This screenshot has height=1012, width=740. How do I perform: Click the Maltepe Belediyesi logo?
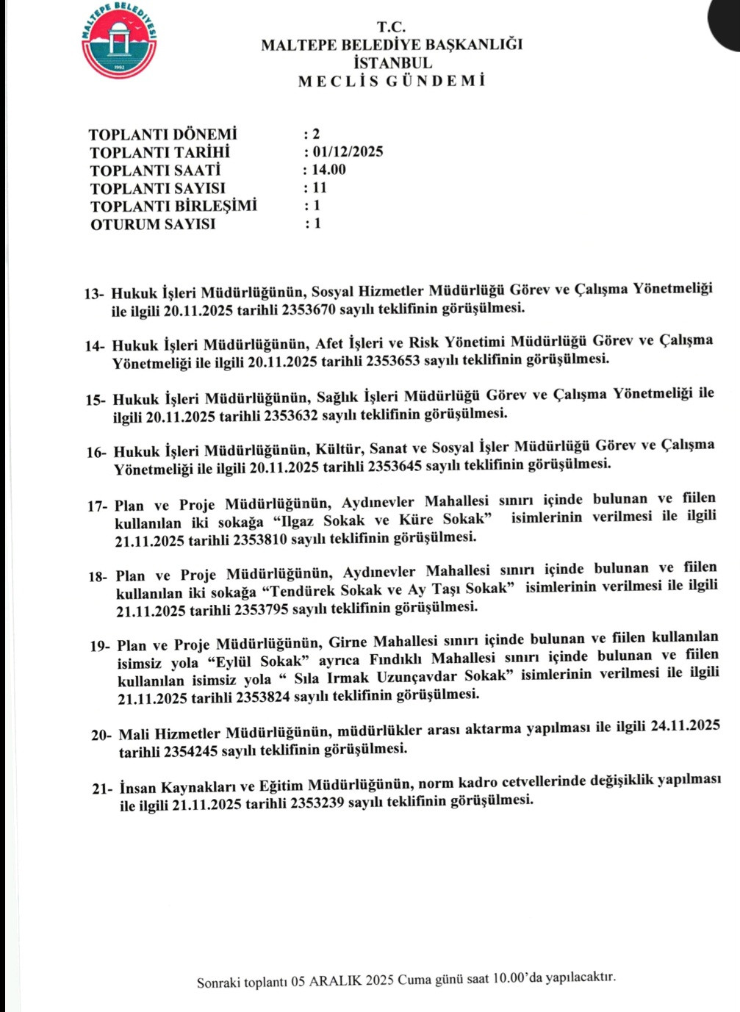tap(119, 41)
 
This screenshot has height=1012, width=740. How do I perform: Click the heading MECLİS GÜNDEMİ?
tap(391, 81)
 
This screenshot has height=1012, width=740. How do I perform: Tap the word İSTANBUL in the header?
tap(392, 63)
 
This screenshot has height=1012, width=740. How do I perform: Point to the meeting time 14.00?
tap(328, 170)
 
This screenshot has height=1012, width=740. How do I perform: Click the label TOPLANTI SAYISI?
tap(157, 188)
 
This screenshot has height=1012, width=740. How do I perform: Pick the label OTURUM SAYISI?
tap(153, 224)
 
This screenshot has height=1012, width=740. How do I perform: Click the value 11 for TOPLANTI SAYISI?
tap(320, 187)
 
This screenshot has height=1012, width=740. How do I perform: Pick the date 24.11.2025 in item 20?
tap(685, 726)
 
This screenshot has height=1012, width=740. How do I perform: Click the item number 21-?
tap(102, 789)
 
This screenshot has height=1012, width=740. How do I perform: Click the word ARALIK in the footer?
tap(336, 981)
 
